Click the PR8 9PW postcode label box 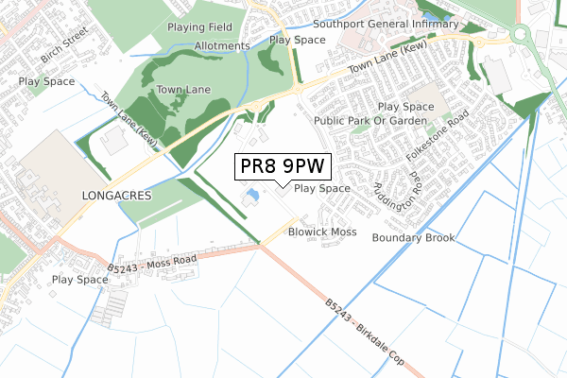point(283,166)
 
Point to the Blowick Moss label point(322,232)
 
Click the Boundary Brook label point(413,237)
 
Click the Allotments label point(222,45)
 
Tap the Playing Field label point(198,27)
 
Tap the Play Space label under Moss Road point(79,280)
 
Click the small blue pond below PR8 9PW point(251,197)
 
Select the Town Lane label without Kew point(183,90)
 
